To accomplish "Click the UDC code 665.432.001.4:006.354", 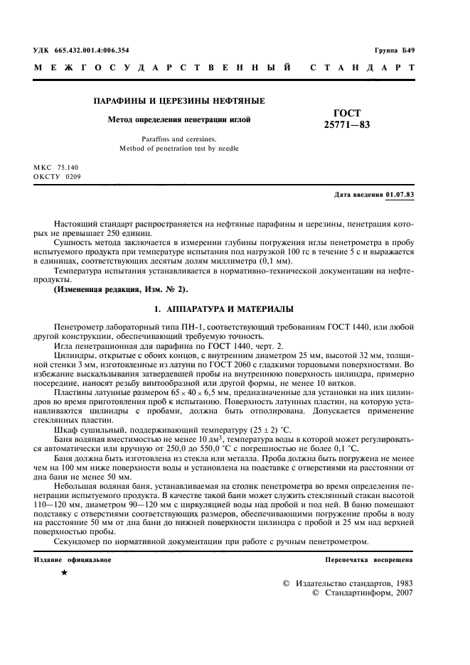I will (93, 50).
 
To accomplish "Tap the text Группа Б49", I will (395, 50).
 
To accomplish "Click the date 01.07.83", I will (401, 194).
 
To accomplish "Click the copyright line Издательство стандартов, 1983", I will (353, 582).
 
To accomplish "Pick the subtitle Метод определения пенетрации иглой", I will (179, 120).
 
